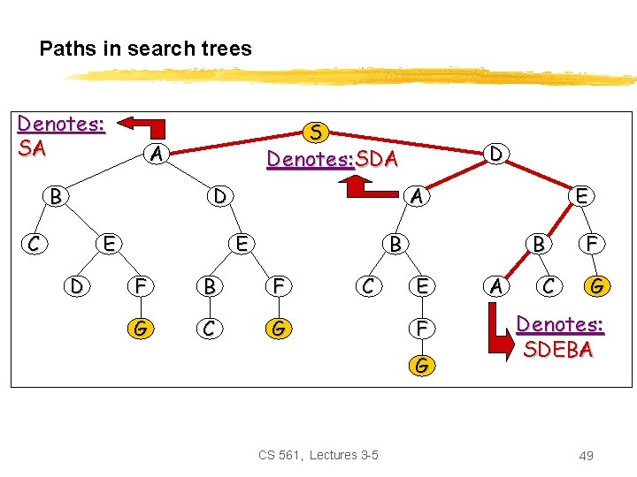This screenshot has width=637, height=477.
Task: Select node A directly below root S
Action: [156, 154]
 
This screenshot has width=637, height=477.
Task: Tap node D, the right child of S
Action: [497, 154]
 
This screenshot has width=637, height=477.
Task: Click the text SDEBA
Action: [558, 349]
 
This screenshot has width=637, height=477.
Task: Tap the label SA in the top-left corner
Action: [32, 148]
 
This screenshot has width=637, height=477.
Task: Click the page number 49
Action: [585, 455]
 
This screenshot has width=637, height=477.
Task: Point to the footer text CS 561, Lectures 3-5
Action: [318, 455]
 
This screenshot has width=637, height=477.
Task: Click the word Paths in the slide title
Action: [68, 49]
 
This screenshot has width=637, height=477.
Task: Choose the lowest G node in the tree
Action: [423, 363]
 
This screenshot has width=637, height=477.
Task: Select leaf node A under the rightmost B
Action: [497, 285]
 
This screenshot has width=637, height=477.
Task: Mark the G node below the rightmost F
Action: [598, 285]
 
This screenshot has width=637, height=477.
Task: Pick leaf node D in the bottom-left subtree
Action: [78, 285]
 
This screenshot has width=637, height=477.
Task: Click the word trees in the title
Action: [224, 49]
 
